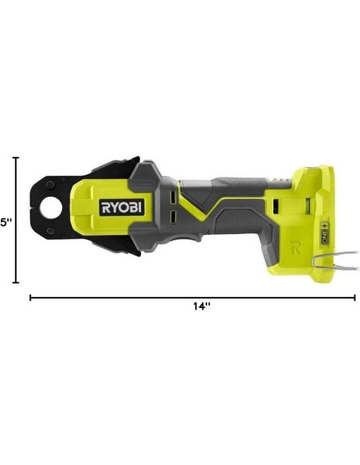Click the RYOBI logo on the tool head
click(x=121, y=207)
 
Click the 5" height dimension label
click(x=6, y=221)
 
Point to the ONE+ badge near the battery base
click(x=325, y=234)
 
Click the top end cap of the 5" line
click(x=16, y=158)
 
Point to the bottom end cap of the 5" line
click(x=16, y=282)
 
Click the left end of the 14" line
click(x=31, y=298)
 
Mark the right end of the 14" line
click(x=354, y=298)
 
